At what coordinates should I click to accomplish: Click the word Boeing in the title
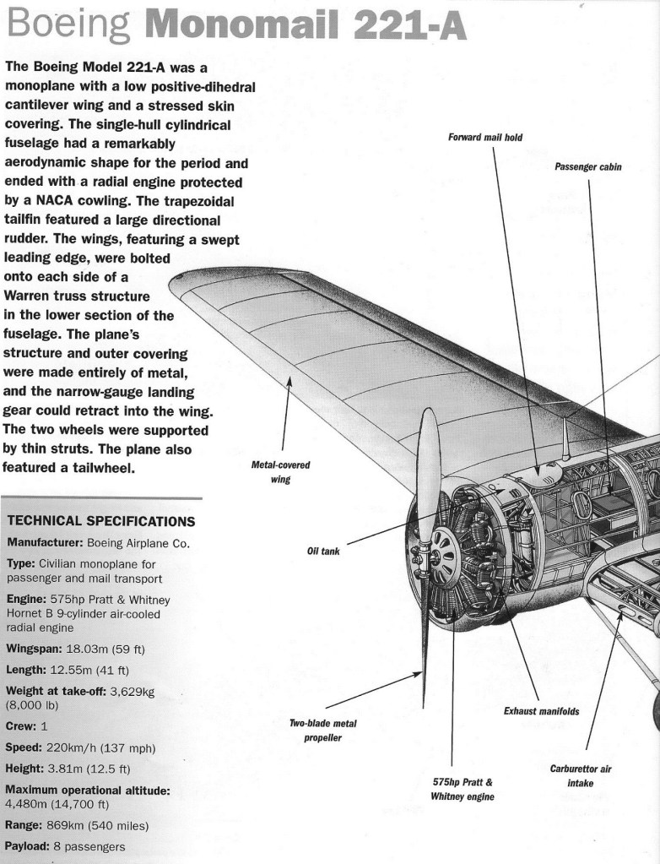[x=68, y=27]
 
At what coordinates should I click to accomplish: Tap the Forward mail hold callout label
[x=491, y=138]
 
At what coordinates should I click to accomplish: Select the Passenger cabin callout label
[x=587, y=166]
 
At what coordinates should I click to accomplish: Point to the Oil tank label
[x=323, y=551]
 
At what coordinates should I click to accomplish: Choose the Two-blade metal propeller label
[x=323, y=731]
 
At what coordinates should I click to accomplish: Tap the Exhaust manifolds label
[x=541, y=711]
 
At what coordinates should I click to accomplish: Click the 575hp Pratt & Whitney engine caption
[x=462, y=789]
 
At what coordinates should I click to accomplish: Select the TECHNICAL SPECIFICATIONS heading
[x=100, y=521]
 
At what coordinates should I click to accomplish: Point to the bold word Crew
[x=21, y=726]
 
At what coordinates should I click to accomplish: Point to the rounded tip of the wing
[x=176, y=285]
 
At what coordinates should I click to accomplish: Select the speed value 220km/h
[x=74, y=747]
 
